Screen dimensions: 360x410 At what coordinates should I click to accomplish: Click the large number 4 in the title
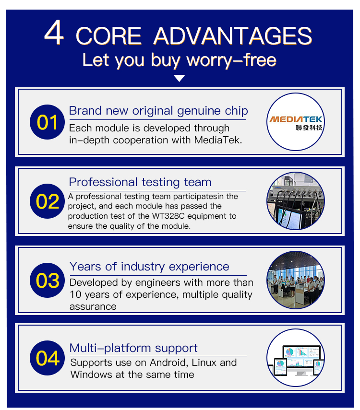(54, 33)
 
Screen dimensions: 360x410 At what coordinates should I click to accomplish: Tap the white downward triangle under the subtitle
(180, 78)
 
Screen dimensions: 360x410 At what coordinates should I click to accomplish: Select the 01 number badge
(47, 122)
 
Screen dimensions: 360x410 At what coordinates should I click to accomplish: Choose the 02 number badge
(47, 201)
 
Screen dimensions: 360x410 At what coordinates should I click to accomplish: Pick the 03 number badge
(47, 280)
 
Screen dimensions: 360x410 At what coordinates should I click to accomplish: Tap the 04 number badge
(47, 358)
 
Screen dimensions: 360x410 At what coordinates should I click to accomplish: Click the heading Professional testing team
(140, 182)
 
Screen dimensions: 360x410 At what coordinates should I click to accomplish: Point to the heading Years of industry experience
(149, 267)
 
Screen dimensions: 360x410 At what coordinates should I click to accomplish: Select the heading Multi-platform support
(133, 348)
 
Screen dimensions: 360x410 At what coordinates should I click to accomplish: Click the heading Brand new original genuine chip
(158, 111)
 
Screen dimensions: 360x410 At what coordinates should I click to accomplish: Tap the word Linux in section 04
(203, 363)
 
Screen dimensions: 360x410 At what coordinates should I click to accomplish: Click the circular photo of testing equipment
(296, 201)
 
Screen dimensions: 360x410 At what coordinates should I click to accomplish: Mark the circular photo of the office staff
(296, 280)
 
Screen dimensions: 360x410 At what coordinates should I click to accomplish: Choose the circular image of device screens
(296, 357)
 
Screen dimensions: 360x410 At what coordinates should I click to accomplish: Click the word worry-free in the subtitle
(231, 61)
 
